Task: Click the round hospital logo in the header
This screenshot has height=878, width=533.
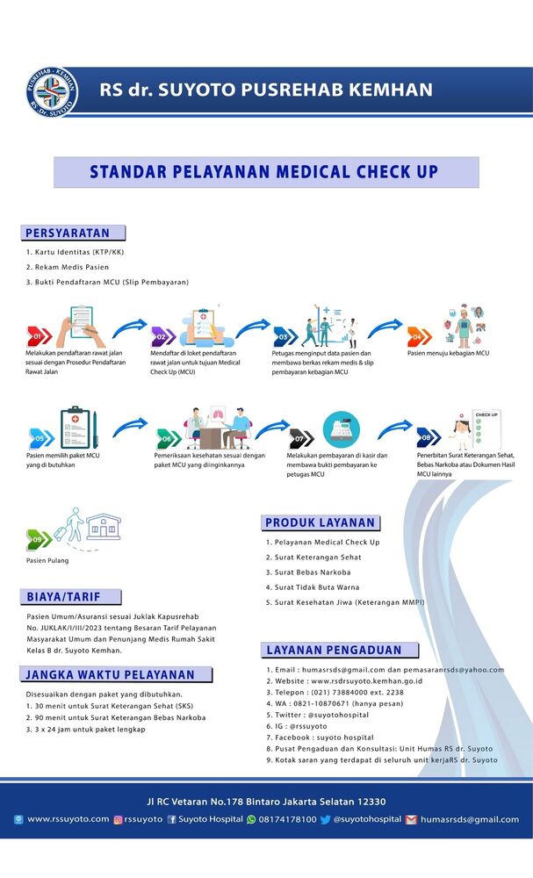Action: click(52, 92)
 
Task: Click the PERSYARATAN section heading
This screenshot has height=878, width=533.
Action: click(68, 233)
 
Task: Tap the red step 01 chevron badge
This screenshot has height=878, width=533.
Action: click(40, 336)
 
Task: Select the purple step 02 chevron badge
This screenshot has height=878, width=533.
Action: click(163, 336)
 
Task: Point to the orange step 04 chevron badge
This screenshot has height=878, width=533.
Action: click(420, 336)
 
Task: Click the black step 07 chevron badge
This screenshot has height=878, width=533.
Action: click(301, 438)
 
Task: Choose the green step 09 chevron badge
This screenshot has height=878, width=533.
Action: click(39, 539)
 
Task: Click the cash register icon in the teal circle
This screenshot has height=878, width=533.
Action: click(342, 429)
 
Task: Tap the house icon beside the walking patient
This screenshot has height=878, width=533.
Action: click(104, 526)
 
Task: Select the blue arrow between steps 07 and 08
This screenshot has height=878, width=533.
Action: click(395, 428)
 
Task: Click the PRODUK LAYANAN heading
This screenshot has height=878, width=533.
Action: click(320, 523)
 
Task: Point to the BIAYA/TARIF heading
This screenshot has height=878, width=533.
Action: click(63, 597)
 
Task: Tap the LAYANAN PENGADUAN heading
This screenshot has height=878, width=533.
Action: click(334, 650)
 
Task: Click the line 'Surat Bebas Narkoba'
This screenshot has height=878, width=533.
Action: click(313, 572)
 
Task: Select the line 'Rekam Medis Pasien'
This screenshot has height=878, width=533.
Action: click(72, 267)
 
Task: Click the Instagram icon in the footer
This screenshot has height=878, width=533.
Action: click(119, 820)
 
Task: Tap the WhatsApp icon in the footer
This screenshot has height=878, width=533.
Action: click(251, 820)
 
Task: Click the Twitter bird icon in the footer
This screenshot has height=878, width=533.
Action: click(325, 820)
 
